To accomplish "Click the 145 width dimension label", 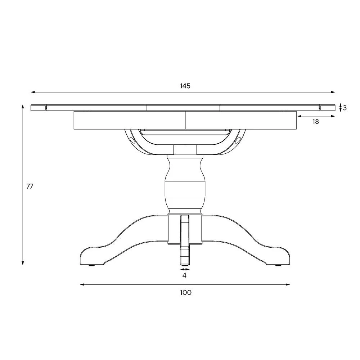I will click(x=185, y=86).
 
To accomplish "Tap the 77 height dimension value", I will click(x=30, y=186).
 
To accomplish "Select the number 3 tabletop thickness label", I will click(x=345, y=108).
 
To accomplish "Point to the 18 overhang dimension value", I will click(x=316, y=122).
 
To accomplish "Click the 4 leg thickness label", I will click(x=184, y=275).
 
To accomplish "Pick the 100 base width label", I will click(x=185, y=292).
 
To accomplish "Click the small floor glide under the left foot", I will click(x=91, y=266).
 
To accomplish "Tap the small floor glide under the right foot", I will click(x=278, y=266).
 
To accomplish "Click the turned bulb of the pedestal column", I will click(x=185, y=184).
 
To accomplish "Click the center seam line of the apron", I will click(x=185, y=120).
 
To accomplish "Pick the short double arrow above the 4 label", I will click(x=185, y=269).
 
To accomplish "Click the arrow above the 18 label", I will click(x=316, y=116).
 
